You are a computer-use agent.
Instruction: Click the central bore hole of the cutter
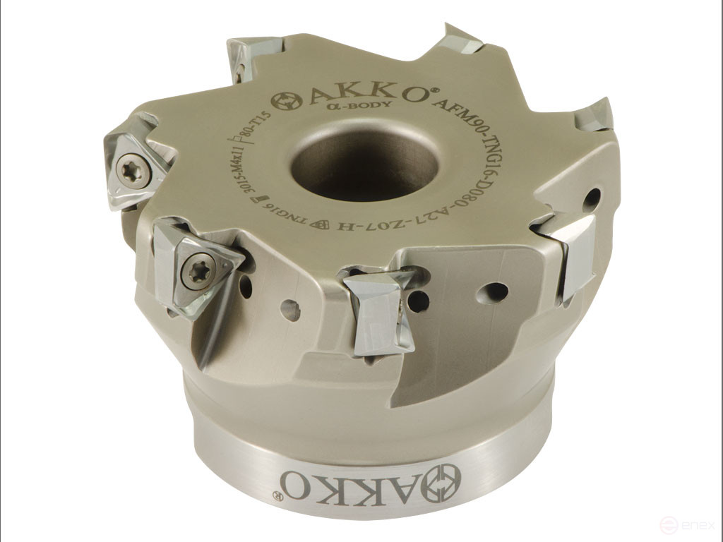(x=364, y=162)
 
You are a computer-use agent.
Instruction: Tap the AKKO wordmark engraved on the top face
(x=367, y=96)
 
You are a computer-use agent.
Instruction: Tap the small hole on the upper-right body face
(x=592, y=198)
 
